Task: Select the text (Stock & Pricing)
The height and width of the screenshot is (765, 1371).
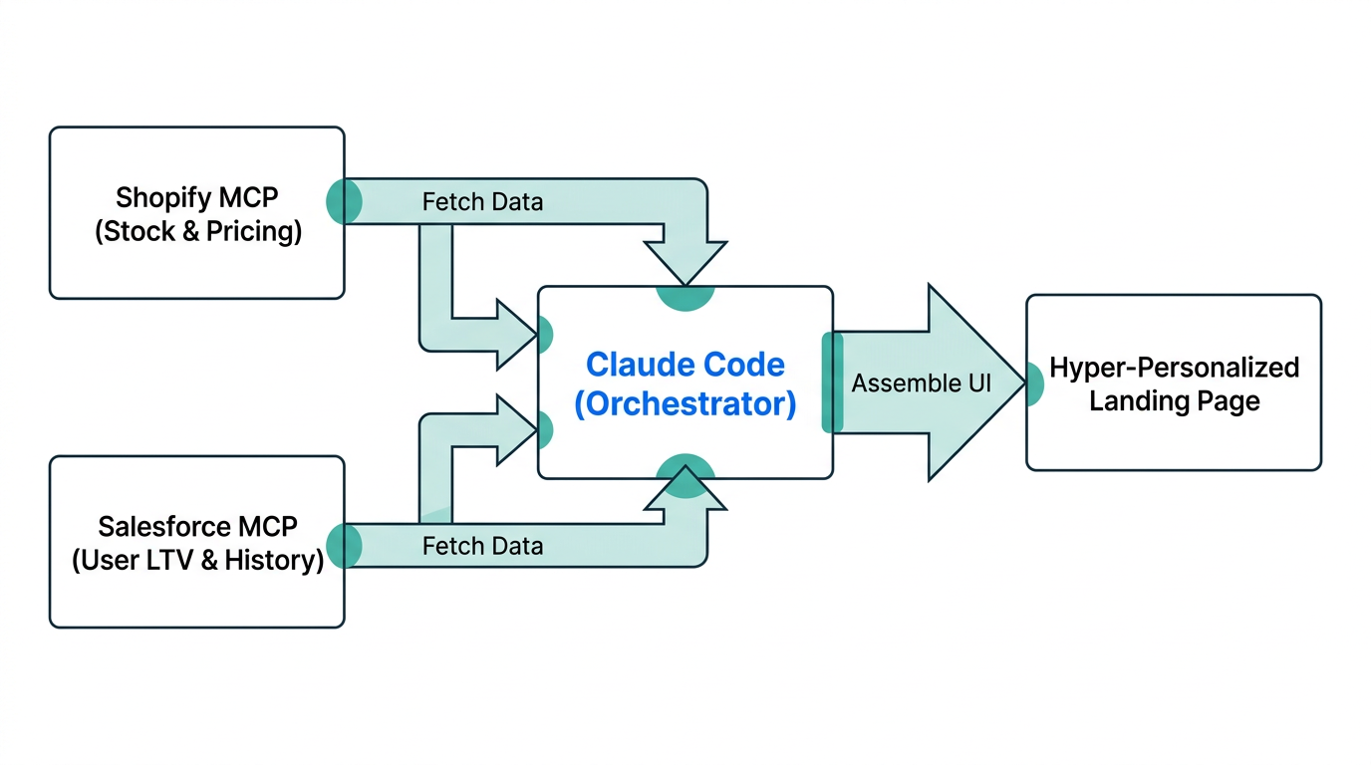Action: click(197, 232)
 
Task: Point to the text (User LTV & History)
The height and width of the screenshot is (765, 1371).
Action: click(197, 561)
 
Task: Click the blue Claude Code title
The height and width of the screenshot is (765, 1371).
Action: click(685, 365)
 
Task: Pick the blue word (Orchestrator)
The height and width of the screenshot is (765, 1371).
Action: click(685, 404)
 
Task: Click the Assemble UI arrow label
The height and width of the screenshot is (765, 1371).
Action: click(921, 383)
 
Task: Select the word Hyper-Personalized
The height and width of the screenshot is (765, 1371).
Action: click(1174, 368)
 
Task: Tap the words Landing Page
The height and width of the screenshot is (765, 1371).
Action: click(1174, 401)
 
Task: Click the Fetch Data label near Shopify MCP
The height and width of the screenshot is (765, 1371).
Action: click(482, 202)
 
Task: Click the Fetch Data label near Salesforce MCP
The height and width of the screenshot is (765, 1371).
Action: click(482, 546)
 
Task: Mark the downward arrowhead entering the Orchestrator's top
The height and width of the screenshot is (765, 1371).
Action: click(685, 264)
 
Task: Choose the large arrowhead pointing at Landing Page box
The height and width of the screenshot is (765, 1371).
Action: click(971, 382)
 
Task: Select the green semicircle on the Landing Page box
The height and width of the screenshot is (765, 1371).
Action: click(1034, 383)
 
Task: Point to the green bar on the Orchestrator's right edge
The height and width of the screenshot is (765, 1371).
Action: click(832, 382)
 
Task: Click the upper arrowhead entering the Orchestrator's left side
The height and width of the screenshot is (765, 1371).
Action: click(518, 334)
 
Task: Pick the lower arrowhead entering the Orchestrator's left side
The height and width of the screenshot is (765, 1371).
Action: click(518, 430)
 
